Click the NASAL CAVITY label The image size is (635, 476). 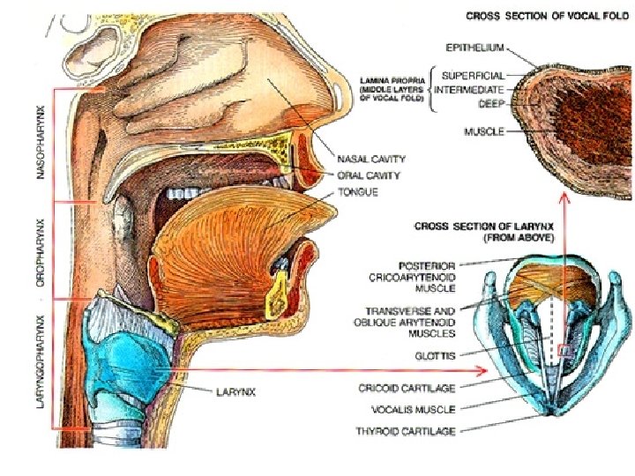pyautogui.click(x=372, y=160)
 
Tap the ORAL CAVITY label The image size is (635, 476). pyautogui.click(x=370, y=175)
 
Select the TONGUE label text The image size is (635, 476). pyautogui.click(x=358, y=192)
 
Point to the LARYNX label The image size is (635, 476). pyautogui.click(x=235, y=393)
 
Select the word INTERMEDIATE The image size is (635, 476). pyautogui.click(x=472, y=90)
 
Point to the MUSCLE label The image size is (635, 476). pyautogui.click(x=484, y=132)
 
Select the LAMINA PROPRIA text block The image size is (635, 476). pyautogui.click(x=392, y=91)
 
